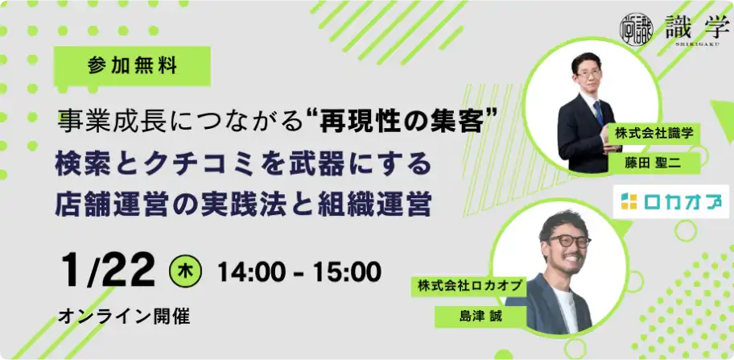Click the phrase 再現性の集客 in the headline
pyautogui.click(x=399, y=124)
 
